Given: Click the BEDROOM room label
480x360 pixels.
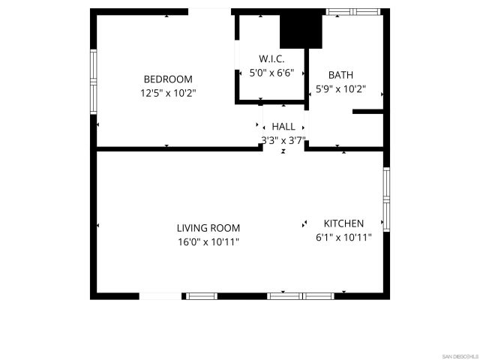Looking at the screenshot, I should click(168, 79).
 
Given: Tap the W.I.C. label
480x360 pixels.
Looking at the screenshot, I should click(271, 58).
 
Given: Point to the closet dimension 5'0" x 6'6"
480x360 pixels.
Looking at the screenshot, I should click(271, 73).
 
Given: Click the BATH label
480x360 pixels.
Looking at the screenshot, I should click(340, 75).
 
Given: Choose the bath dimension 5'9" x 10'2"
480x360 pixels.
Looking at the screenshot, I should click(340, 89).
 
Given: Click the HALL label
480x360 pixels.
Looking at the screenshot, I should click(283, 127).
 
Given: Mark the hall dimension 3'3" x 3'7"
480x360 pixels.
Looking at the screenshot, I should click(283, 140).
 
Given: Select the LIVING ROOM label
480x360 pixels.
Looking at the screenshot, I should click(208, 228).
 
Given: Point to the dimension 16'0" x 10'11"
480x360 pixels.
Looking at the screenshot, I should click(208, 242).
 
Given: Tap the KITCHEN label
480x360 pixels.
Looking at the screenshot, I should click(343, 223).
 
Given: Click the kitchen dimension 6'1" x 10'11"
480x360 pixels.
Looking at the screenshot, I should click(343, 238).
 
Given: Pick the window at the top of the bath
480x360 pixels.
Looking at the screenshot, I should click(353, 12).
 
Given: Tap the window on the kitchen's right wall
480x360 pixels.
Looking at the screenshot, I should click(386, 196).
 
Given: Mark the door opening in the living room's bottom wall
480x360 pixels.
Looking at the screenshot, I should click(160, 296).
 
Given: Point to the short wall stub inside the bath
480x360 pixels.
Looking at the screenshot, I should click(368, 112).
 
